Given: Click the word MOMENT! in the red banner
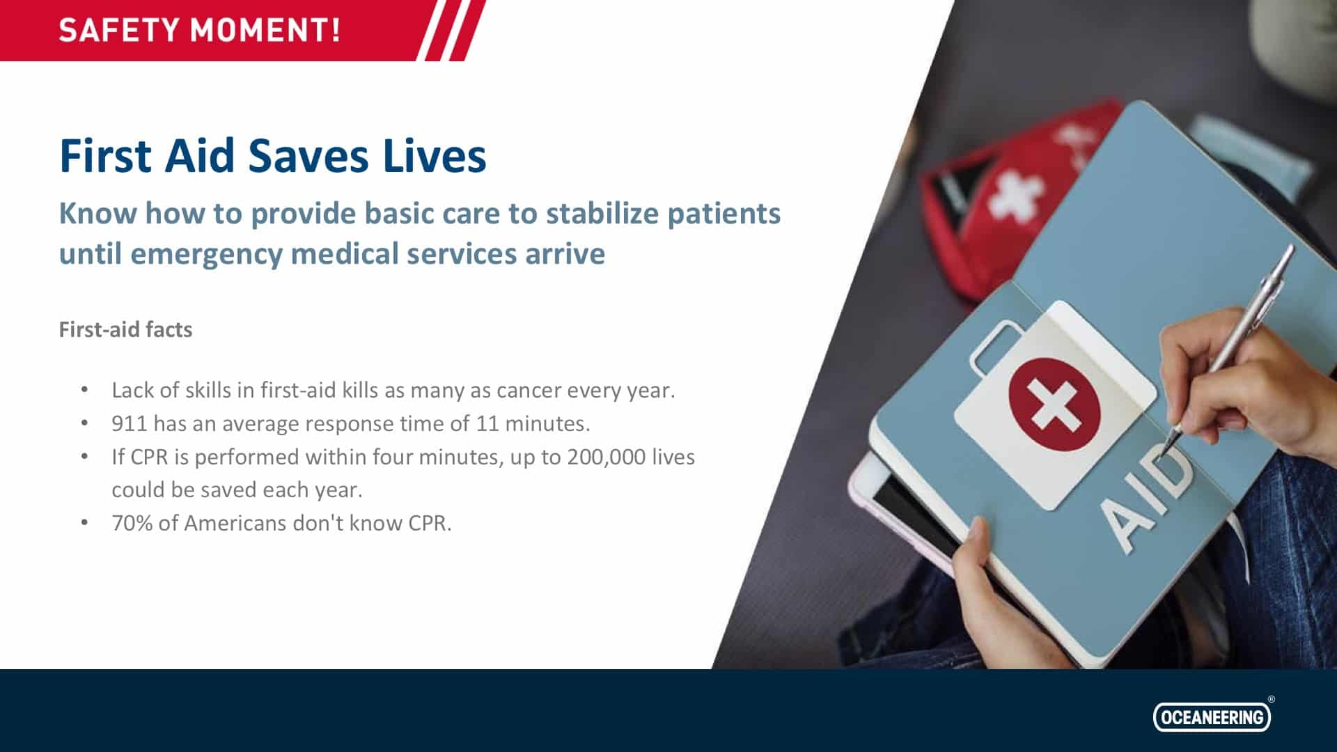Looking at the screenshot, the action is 266,31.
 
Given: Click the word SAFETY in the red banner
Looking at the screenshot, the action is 119,31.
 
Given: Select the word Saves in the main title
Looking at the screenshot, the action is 308,155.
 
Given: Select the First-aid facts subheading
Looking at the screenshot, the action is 125,329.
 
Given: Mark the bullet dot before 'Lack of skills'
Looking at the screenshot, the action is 84,389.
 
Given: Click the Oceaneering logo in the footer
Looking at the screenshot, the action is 1212,716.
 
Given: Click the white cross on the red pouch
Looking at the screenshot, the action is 1017,191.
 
